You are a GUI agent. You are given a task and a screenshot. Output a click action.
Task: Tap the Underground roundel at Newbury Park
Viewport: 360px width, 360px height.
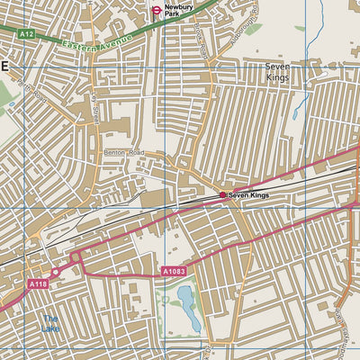[x=157, y=10]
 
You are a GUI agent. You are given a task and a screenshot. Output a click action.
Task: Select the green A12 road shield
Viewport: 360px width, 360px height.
[x=26, y=33]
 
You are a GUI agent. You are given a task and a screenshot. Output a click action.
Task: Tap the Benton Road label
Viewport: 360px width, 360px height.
[x=123, y=154]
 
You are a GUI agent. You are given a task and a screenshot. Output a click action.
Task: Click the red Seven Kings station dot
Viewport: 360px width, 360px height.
[x=222, y=194]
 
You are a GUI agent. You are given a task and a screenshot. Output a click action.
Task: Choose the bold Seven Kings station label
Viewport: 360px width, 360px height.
[x=249, y=194]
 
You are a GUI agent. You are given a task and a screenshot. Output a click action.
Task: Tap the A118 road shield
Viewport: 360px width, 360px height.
[x=37, y=284]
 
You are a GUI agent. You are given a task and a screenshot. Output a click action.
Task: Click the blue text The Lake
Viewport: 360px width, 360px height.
[x=49, y=323]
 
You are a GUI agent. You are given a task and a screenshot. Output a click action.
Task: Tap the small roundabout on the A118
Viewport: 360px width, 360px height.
[x=56, y=272]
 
